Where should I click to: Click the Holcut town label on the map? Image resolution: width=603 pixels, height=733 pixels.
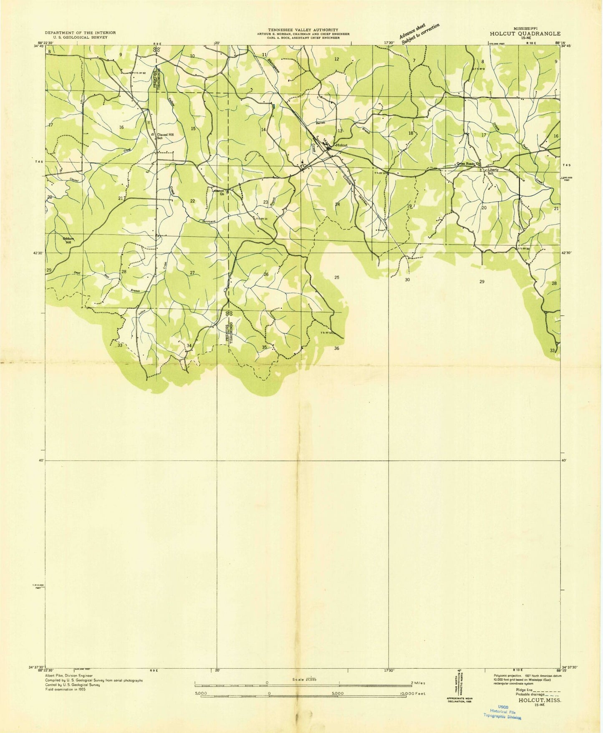tap(341, 145)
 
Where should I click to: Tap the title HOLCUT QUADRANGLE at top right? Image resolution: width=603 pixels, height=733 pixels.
tap(525, 34)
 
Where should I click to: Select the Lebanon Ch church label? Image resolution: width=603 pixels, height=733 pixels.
tap(218, 192)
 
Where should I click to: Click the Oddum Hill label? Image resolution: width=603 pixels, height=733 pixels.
tap(67, 240)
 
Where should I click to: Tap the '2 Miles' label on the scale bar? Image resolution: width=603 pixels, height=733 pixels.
tap(418, 683)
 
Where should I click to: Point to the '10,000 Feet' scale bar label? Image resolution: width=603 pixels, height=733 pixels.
tap(412, 693)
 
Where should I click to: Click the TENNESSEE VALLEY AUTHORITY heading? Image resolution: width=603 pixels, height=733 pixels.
tap(303, 30)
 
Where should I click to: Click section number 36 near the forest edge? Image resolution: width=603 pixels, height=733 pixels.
tap(337, 348)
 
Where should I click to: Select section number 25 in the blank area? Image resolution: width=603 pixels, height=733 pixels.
tap(337, 277)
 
